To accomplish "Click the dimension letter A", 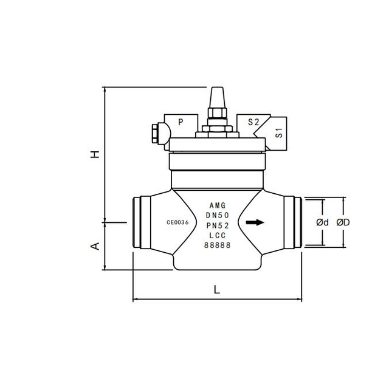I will pyautogui.click(x=95, y=245).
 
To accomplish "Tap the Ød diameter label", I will pyautogui.click(x=322, y=222).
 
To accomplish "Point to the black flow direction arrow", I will pyautogui.click(x=256, y=222).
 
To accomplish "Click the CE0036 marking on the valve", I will pyautogui.click(x=177, y=222).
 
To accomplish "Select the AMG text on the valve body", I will pyautogui.click(x=218, y=205).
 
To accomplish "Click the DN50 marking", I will pyautogui.click(x=218, y=215).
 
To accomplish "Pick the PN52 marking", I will pyautogui.click(x=218, y=225).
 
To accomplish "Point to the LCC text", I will pyautogui.click(x=218, y=235).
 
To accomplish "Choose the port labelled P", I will pyautogui.click(x=181, y=122).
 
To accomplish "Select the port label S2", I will pyautogui.click(x=253, y=122).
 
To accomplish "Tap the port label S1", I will pyautogui.click(x=279, y=133).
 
